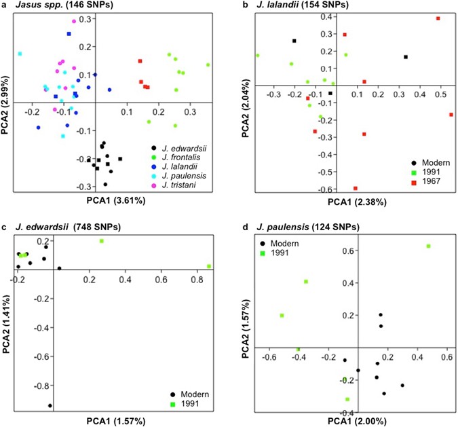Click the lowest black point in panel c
coord(50,406)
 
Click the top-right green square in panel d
coord(428,246)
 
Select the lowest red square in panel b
coord(356,188)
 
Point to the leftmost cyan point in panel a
coord(20,54)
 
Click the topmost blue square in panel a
coord(69,34)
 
